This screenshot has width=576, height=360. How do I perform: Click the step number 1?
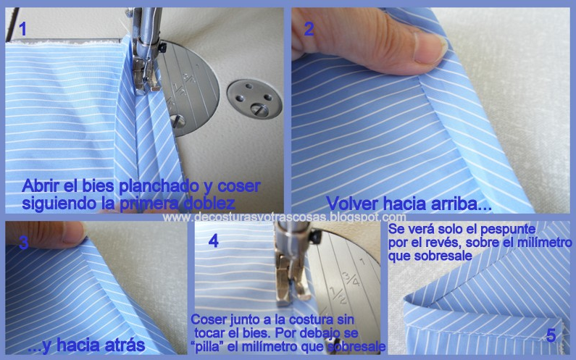[x=23, y=30]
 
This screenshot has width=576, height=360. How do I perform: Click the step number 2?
[x=309, y=30]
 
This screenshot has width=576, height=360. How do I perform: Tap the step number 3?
[x=23, y=243]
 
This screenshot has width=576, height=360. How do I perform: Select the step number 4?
[x=213, y=241]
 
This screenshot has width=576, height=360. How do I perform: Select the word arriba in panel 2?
[x=464, y=204]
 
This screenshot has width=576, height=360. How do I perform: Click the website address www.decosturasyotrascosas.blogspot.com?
[x=284, y=217]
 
